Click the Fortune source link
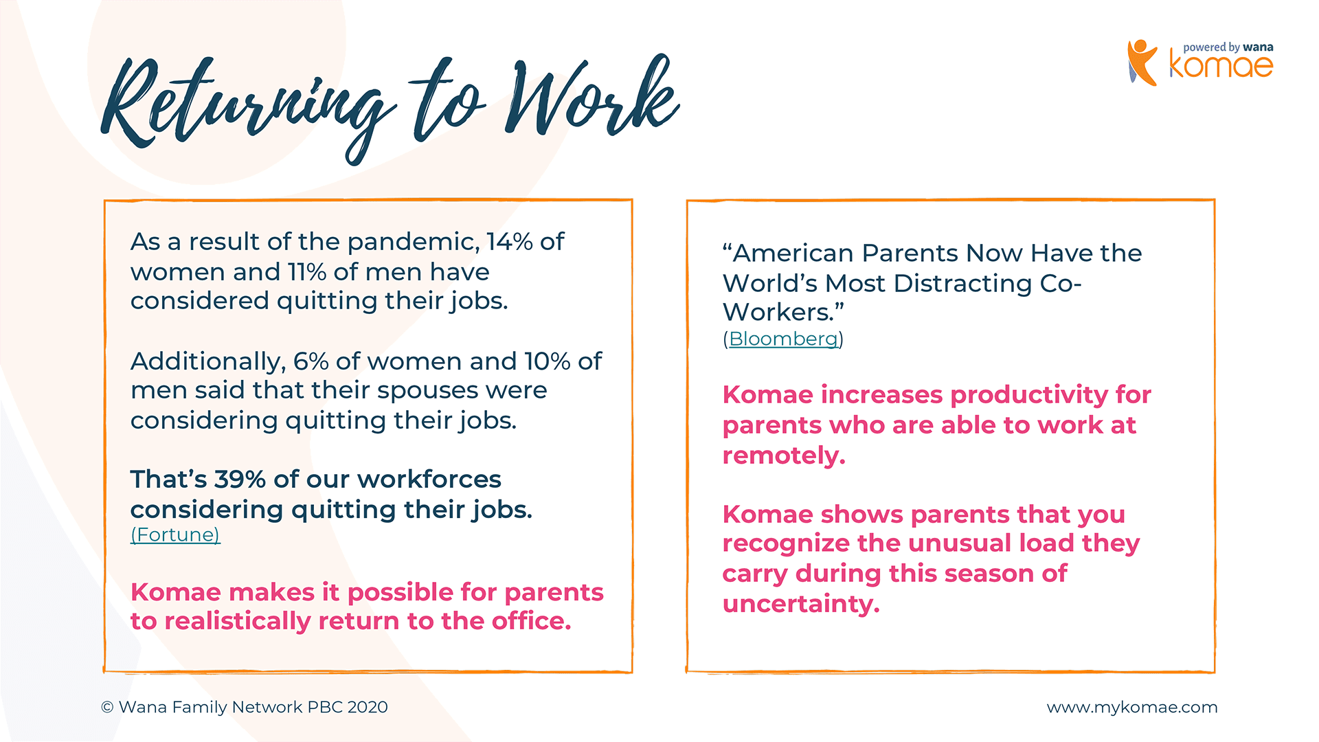[175, 535]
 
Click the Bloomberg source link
[784, 339]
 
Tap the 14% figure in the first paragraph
[509, 242]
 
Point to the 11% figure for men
[306, 272]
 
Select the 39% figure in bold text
[240, 480]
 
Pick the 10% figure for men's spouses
[548, 361]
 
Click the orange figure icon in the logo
[1142, 63]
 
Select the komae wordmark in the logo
[1221, 66]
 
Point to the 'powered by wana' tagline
[1228, 47]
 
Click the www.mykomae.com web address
[1132, 708]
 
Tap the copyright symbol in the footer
[107, 707]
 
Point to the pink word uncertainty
[801, 604]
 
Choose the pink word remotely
[784, 456]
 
